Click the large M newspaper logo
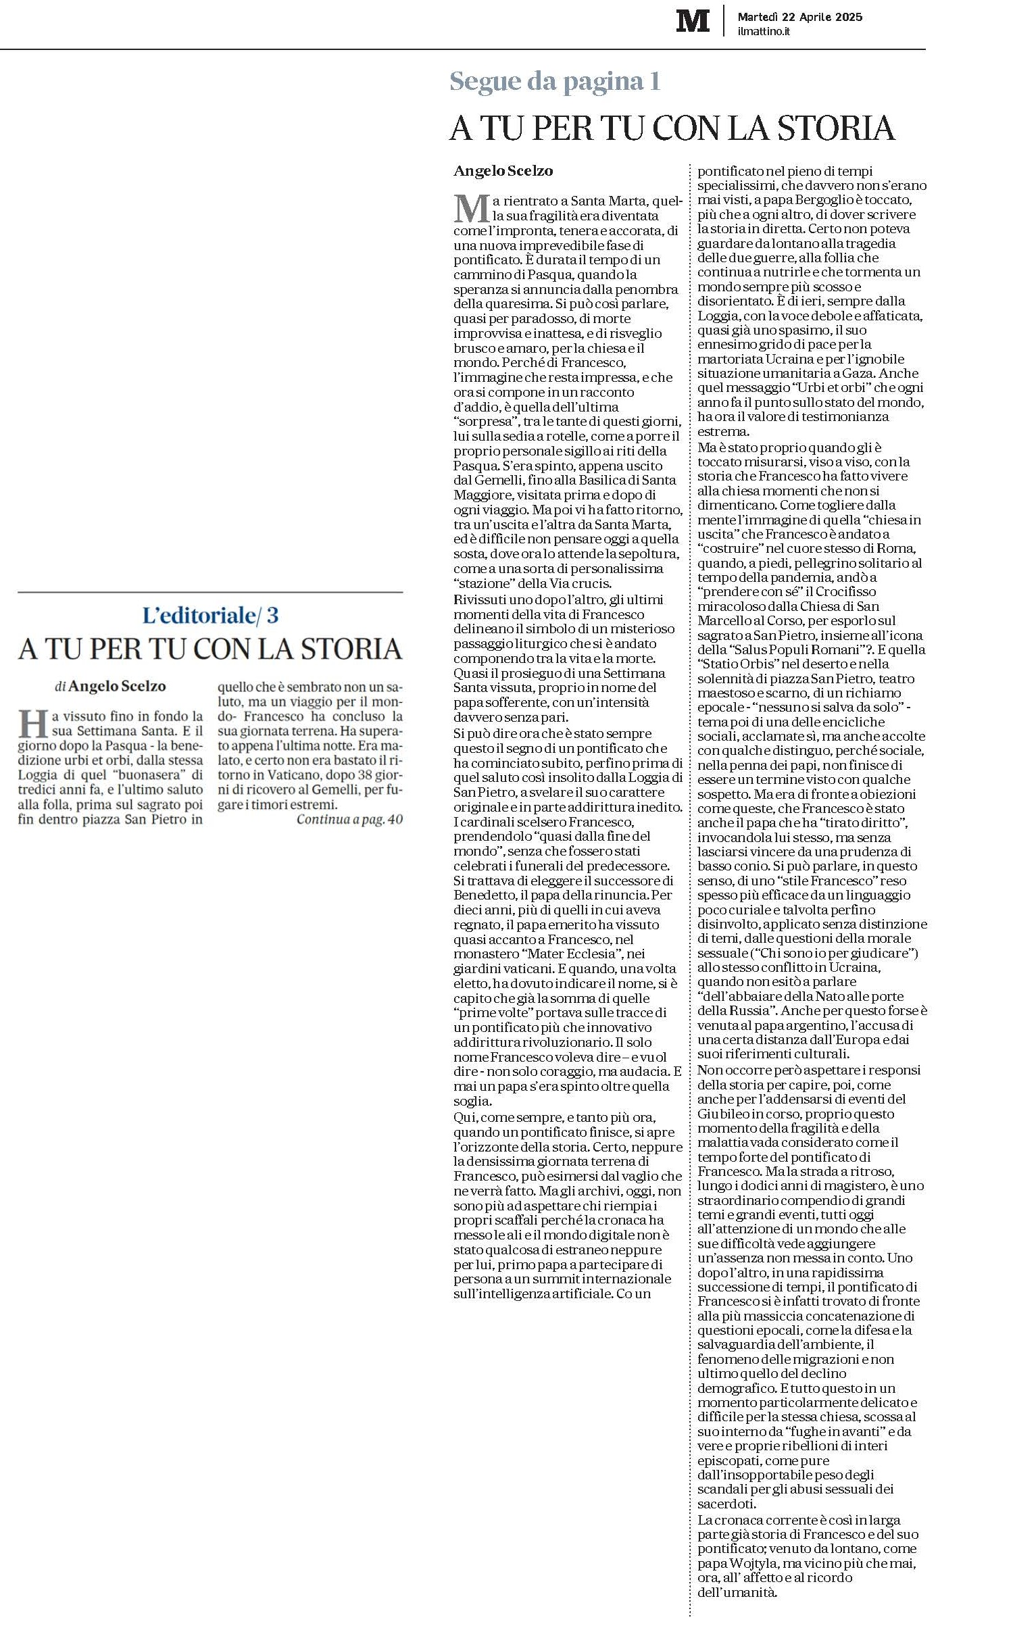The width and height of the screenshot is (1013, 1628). pos(693,20)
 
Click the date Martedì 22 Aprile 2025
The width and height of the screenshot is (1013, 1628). pos(799,17)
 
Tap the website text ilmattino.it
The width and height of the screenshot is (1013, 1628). pos(764,31)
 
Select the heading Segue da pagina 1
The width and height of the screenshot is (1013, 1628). pos(555,82)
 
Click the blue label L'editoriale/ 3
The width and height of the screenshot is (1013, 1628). pos(210,615)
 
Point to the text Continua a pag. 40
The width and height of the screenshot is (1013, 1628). pos(349,820)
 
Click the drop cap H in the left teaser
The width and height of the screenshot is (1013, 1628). pos(33,723)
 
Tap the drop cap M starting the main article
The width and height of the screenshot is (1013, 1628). pos(471,208)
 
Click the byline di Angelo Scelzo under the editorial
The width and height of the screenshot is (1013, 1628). pos(110,686)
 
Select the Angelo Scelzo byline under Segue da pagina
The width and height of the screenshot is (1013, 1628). pos(503,171)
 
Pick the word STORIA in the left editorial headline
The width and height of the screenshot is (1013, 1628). pos(351,649)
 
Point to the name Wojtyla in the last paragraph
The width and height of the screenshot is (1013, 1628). pos(756,1563)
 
